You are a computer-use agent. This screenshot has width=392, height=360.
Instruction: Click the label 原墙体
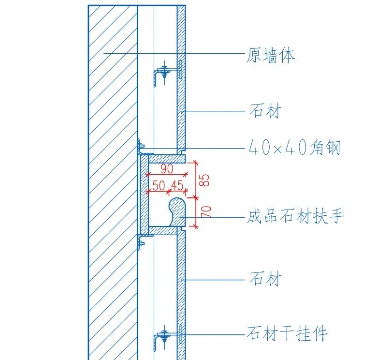coord(270,55)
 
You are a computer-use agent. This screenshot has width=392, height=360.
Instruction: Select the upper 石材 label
coord(265,112)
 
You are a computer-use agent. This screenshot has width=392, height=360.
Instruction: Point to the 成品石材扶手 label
coord(295,216)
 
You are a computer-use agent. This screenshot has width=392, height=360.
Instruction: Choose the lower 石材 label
coord(265,279)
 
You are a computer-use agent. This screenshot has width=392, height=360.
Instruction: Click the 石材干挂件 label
coord(287,333)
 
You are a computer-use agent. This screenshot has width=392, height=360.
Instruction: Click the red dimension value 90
coord(167,169)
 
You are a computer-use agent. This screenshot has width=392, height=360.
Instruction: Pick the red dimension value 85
coord(204,180)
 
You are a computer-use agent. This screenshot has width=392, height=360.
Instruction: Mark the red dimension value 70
coord(204,211)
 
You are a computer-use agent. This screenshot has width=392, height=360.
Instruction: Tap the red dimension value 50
coord(159,185)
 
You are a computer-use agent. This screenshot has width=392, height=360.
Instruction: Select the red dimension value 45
coord(177,185)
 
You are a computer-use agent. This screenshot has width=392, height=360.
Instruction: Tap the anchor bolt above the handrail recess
coord(141,146)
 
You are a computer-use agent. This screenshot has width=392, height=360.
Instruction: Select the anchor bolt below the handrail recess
coord(141,242)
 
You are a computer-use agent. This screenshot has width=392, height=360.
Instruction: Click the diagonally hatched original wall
coord(113,194)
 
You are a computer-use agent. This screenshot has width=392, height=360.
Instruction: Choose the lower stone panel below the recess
coord(181,285)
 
